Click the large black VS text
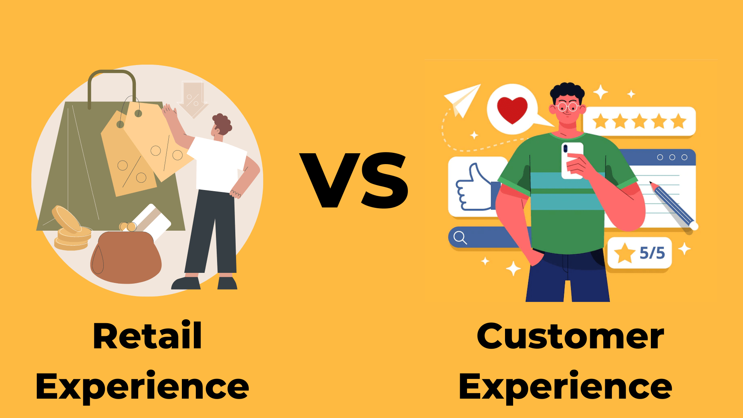354,180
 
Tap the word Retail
147,336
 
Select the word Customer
570,336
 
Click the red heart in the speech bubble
512,110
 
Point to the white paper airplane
462,99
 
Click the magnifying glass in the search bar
460,238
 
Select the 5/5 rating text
652,253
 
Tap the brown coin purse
126,257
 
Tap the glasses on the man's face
567,106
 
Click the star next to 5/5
624,253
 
